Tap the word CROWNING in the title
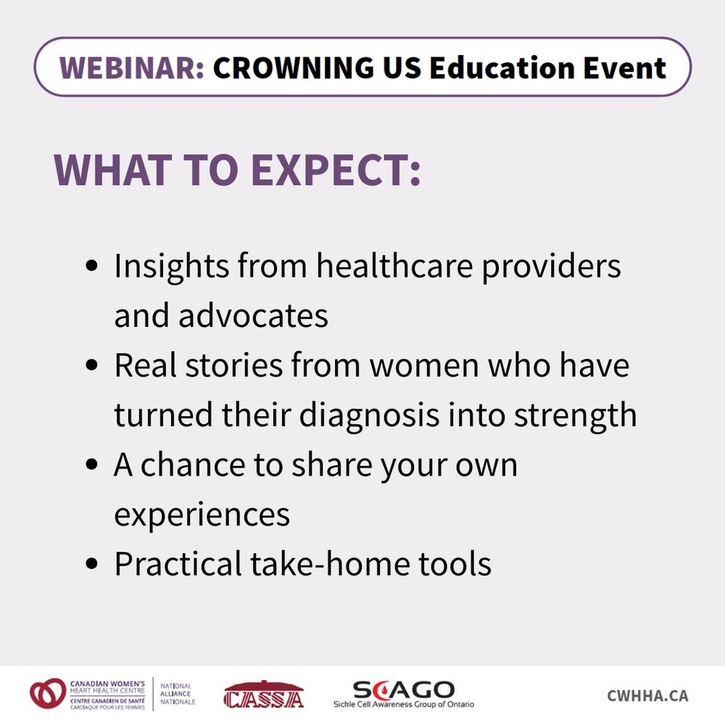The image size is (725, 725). pos(293,67)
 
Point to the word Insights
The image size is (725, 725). pos(172,267)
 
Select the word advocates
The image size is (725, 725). pos(253,316)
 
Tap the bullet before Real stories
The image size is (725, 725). pos(92,365)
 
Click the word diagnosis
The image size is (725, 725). pos(369,415)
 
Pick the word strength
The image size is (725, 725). pos(575,415)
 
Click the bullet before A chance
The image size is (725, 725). pos(92,464)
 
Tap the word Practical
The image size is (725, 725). pos(178,564)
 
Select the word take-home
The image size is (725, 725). pos(330,564)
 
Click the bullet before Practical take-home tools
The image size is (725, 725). pos(92,563)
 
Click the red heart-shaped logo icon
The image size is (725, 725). pos(48,694)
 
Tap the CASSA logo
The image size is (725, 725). pos(264,695)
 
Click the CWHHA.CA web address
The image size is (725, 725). pos(647,695)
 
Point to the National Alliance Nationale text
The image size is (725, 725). pos(178,694)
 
